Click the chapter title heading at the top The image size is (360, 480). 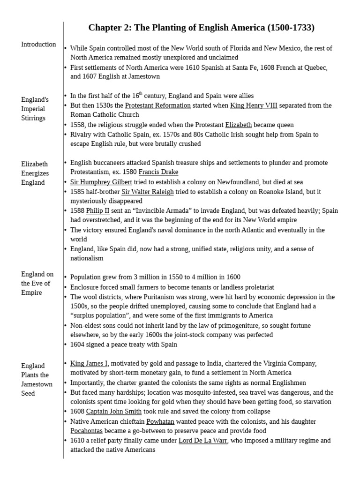(201, 28)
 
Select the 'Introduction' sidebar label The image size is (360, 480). (38, 45)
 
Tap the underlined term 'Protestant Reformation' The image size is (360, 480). (157, 105)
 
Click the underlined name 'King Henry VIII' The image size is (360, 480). (254, 105)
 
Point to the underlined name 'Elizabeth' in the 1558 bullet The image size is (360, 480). (239, 125)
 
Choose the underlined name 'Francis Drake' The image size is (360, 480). (158, 172)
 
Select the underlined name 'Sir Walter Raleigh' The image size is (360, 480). (148, 192)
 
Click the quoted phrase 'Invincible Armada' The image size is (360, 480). (153, 211)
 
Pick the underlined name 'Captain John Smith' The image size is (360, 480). (114, 412)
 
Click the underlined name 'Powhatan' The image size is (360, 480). (160, 421)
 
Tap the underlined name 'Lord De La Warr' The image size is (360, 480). (203, 441)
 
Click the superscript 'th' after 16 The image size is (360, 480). (139, 94)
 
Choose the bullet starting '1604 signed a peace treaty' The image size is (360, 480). (124, 345)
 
